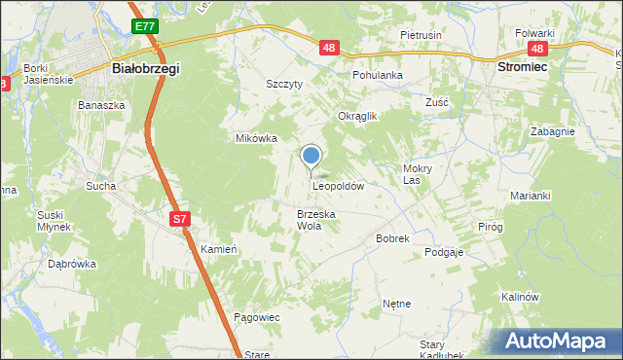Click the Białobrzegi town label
coord(146,70)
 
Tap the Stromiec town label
coord(522,69)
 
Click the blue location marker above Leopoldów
coord(311,156)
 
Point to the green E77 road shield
coord(145,25)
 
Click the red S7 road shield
coord(179,219)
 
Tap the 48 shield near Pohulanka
coord(328,47)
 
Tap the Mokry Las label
coord(418,173)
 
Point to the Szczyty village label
coord(285,84)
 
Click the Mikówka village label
coord(257,138)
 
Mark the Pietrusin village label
coord(421,35)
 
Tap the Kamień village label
coord(219,249)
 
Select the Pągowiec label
coord(257,317)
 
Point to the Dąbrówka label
coord(72,263)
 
